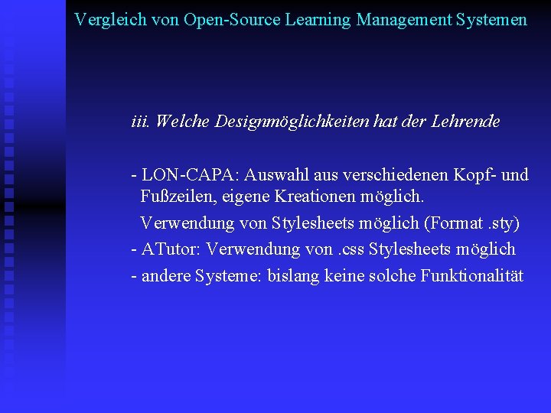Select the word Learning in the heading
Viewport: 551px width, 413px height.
tap(318, 19)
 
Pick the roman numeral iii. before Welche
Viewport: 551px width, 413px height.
tap(141, 121)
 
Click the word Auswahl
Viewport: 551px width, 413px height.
tap(275, 174)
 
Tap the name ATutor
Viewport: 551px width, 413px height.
tap(171, 249)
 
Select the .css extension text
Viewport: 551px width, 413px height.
tap(349, 249)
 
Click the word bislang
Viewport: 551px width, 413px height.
tap(293, 275)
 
